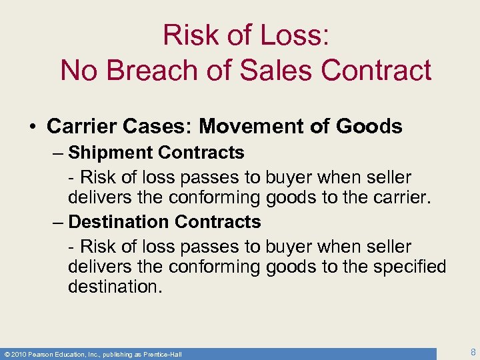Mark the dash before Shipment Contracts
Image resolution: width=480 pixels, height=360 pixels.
click(58, 153)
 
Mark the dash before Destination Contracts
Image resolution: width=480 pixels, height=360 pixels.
click(58, 222)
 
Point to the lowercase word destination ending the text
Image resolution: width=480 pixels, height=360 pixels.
click(113, 287)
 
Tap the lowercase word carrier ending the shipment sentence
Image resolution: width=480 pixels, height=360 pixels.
click(391, 198)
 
